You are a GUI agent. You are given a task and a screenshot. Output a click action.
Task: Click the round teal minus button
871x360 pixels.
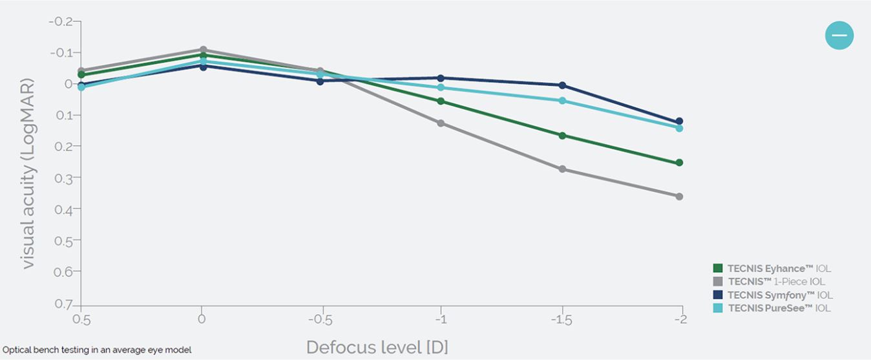(x=839, y=35)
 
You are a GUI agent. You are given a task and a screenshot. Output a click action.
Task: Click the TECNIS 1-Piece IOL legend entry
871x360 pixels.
(x=769, y=282)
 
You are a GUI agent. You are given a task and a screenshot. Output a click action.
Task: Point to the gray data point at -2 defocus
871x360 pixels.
(x=679, y=196)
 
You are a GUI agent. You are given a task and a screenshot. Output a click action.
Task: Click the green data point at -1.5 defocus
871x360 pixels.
(x=562, y=136)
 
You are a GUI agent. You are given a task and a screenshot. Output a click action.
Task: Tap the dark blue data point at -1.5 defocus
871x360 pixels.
(x=562, y=85)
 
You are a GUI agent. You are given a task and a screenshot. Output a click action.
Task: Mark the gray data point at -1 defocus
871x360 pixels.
(x=441, y=123)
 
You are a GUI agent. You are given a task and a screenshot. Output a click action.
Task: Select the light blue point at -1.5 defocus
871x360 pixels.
(x=562, y=101)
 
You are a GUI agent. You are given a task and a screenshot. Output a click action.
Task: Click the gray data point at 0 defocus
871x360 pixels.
(x=203, y=50)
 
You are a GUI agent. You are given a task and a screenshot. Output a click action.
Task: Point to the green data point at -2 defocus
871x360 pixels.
(x=679, y=163)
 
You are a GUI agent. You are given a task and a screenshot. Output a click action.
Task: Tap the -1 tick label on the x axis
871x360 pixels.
(x=441, y=320)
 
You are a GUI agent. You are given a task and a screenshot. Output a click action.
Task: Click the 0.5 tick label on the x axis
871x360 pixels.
(x=81, y=320)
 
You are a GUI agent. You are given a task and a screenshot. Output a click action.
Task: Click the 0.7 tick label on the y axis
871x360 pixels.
(x=65, y=303)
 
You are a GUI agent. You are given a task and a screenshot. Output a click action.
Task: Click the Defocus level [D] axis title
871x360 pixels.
(x=377, y=347)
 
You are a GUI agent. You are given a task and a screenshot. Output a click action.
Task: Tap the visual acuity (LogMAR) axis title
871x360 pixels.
(x=28, y=175)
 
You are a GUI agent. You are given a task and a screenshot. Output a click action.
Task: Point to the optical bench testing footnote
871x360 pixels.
(x=97, y=350)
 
